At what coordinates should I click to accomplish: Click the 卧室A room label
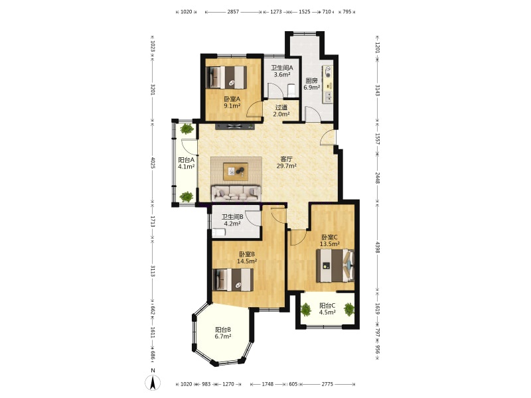(x=232, y=102)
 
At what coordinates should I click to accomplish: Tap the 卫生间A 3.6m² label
(x=281, y=71)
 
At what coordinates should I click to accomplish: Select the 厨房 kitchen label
(x=311, y=84)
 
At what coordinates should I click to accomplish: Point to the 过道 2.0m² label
(x=281, y=111)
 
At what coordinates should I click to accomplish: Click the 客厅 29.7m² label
(x=287, y=162)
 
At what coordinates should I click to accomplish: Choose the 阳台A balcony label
(x=187, y=163)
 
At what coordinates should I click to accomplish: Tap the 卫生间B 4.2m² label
(x=232, y=220)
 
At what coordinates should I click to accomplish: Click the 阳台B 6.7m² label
(x=223, y=333)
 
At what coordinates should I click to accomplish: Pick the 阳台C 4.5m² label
(x=327, y=308)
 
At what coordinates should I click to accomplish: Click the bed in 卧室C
(x=335, y=265)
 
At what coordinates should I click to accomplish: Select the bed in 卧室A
(x=226, y=77)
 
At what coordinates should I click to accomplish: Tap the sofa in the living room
(x=236, y=193)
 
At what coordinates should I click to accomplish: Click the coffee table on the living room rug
(x=236, y=171)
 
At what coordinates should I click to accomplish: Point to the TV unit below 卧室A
(x=235, y=127)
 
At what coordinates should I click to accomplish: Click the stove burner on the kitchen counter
(x=328, y=72)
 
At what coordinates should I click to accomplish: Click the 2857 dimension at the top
(x=233, y=12)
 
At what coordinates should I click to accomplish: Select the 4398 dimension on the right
(x=378, y=247)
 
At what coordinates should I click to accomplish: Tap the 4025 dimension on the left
(x=153, y=163)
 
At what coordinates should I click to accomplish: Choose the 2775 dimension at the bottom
(x=327, y=384)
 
